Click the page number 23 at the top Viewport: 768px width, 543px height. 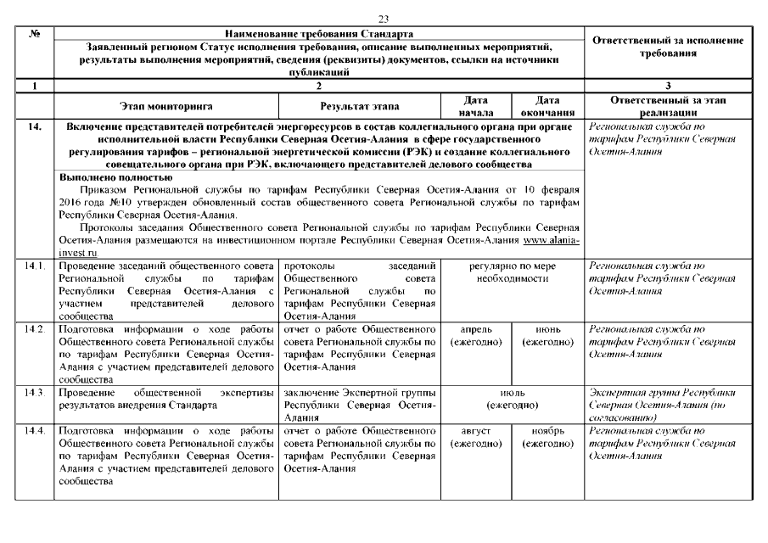coord(383,19)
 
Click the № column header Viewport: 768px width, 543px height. coord(34,32)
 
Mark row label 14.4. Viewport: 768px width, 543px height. coord(34,431)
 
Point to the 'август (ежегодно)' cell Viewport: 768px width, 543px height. coord(475,437)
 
